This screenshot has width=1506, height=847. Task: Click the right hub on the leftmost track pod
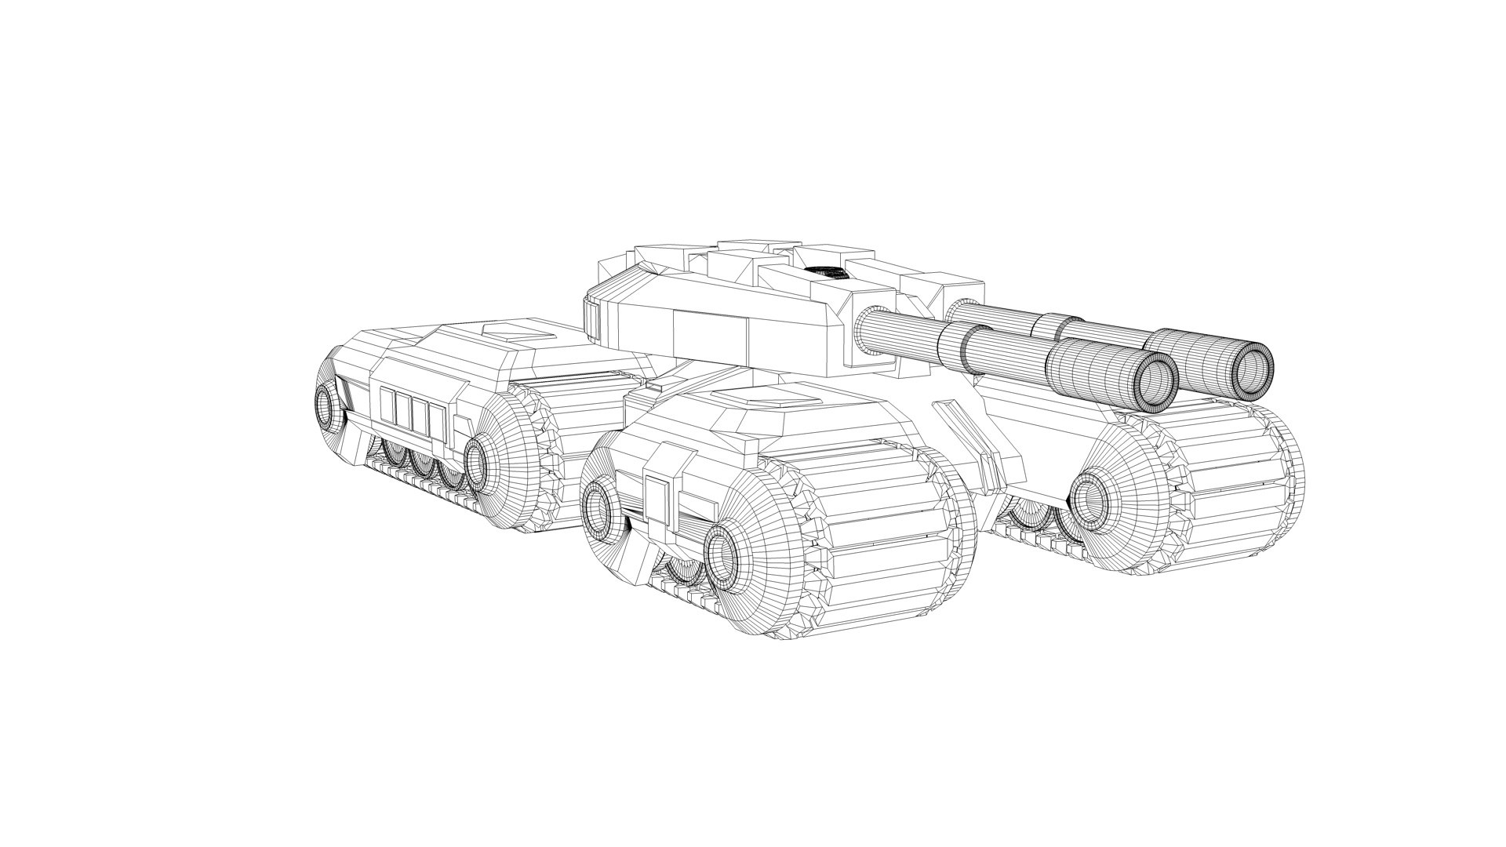pos(476,463)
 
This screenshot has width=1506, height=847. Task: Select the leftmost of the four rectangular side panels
pos(387,405)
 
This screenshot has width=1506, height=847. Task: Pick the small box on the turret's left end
pos(594,318)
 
